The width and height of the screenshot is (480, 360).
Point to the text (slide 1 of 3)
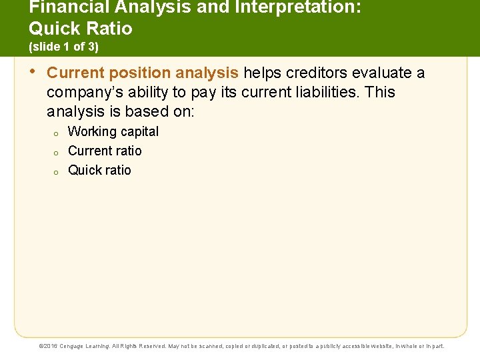63,47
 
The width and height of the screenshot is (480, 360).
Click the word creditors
317,73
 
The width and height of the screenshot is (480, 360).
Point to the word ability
153,92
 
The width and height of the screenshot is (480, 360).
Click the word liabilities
323,92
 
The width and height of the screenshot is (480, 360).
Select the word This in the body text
380,92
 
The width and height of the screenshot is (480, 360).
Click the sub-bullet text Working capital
113,131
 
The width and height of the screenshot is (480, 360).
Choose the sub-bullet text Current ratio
105,151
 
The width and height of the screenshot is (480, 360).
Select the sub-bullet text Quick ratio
99,170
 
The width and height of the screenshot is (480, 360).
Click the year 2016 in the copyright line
51,346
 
